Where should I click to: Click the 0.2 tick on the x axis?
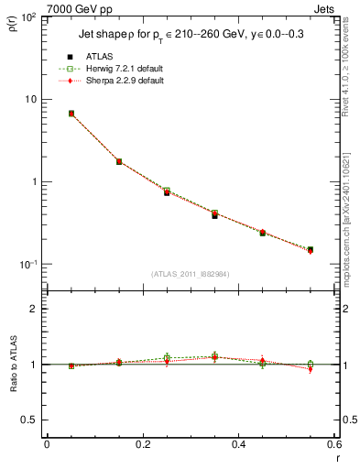pyautogui.click(x=142, y=444)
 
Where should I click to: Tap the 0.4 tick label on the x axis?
pyautogui.click(x=238, y=444)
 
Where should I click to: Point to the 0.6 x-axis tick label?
pyautogui.click(x=333, y=444)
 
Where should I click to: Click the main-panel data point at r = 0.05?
pyautogui.click(x=71, y=114)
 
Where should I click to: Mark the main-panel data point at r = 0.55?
pyautogui.click(x=310, y=249)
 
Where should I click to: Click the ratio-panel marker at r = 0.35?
pyautogui.click(x=214, y=356)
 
